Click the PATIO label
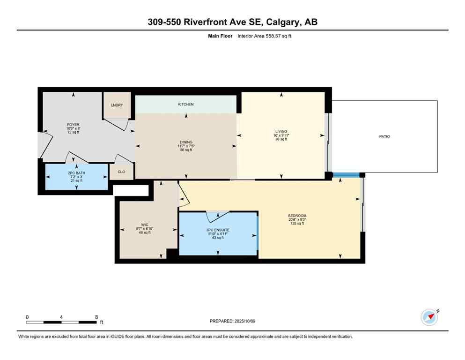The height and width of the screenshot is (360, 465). (384, 136)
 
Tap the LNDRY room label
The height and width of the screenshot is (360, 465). (117, 105)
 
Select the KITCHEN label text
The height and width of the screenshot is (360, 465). (185, 104)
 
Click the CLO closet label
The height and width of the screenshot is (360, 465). (121, 172)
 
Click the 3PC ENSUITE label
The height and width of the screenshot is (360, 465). (218, 229)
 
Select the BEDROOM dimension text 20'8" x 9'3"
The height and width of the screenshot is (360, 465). (297, 219)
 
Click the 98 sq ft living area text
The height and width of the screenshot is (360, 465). (281, 139)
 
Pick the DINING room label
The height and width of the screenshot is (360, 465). (186, 142)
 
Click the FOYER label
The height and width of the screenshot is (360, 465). (73, 125)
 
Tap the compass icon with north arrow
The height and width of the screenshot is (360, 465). (429, 317)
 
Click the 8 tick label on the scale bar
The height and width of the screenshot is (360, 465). (96, 317)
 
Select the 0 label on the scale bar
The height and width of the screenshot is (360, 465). (27, 317)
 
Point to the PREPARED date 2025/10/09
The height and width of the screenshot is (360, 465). (232, 321)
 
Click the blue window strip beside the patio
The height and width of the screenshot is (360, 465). (346, 175)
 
